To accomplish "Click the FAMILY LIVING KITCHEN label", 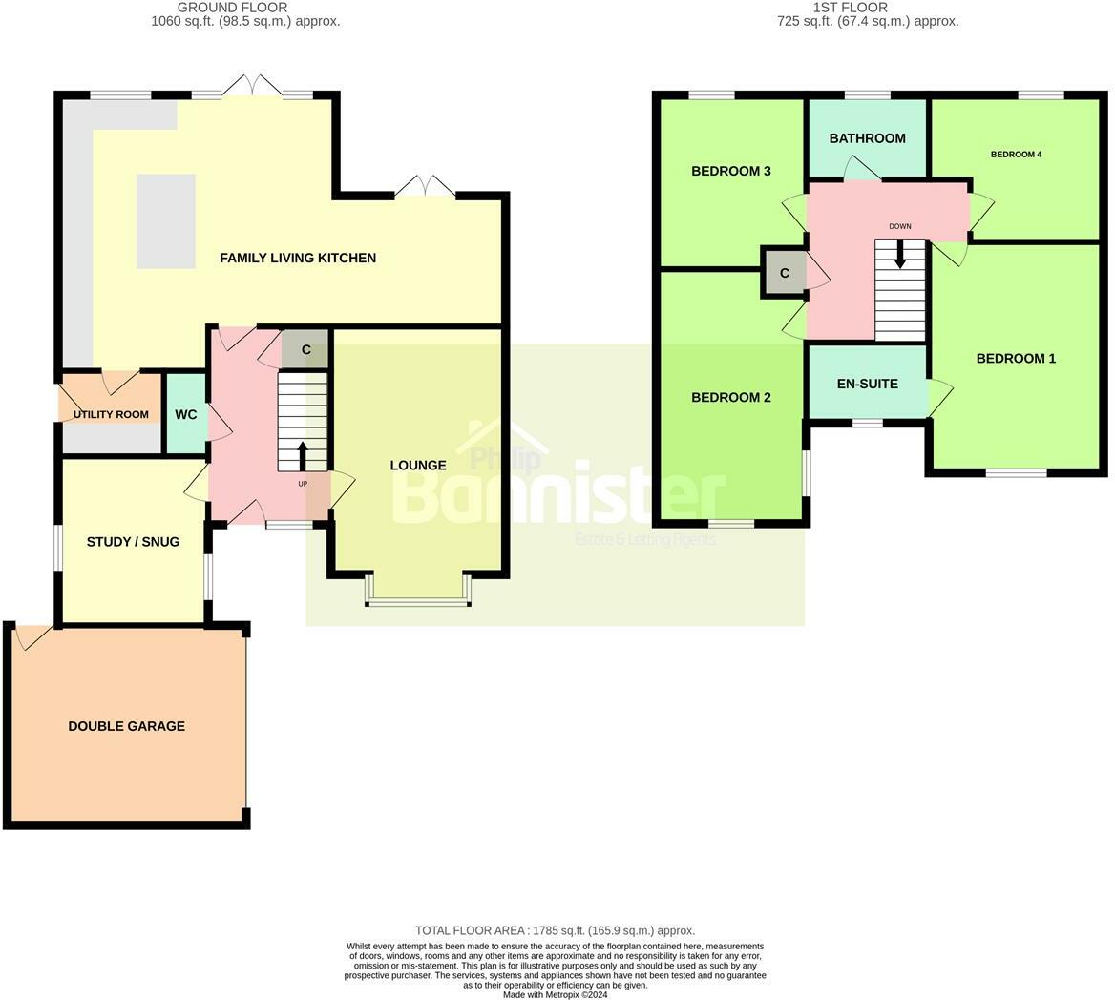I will pyautogui.click(x=298, y=258).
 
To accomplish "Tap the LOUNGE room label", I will pyautogui.click(x=418, y=466).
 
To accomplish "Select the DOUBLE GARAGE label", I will pyautogui.click(x=126, y=726).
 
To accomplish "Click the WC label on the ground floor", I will pyautogui.click(x=186, y=414).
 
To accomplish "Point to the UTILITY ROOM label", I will pyautogui.click(x=111, y=414).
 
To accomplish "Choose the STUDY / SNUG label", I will pyautogui.click(x=133, y=542).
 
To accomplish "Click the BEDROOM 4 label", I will pyautogui.click(x=1016, y=155).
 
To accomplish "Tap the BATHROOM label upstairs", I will pyautogui.click(x=867, y=138).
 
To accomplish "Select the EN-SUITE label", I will pyautogui.click(x=867, y=384).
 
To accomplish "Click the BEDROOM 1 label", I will pyautogui.click(x=1016, y=359).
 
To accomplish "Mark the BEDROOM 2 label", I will pyautogui.click(x=731, y=398).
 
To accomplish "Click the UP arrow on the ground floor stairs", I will pyautogui.click(x=303, y=456).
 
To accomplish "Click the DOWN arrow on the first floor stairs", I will pyautogui.click(x=899, y=253).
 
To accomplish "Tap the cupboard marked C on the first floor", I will pyautogui.click(x=785, y=274).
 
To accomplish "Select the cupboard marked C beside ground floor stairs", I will pyautogui.click(x=306, y=350).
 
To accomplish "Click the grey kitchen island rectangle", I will pyautogui.click(x=166, y=220).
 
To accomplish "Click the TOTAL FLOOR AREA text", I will pyautogui.click(x=555, y=930).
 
